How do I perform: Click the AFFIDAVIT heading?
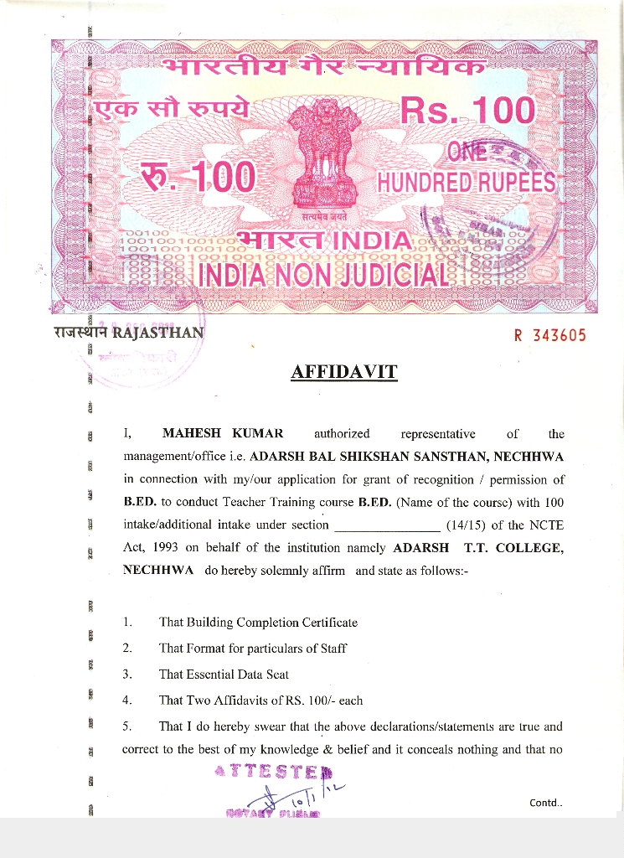[344, 371]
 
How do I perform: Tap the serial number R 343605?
[549, 336]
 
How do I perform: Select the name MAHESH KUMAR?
[223, 433]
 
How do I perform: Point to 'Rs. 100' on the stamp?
[467, 111]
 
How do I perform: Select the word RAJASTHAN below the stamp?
[157, 330]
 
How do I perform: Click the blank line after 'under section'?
[387, 526]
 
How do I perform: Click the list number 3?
[126, 674]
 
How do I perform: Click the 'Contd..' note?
[546, 804]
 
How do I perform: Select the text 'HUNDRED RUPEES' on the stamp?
[467, 182]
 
